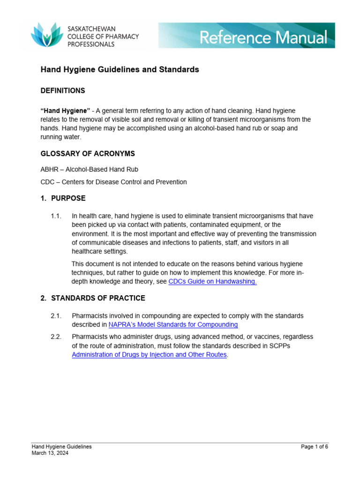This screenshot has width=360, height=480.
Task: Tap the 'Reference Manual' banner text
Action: [x=263, y=37]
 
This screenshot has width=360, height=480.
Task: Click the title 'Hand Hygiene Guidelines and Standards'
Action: [x=120, y=69]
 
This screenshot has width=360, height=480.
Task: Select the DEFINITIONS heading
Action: [x=63, y=90]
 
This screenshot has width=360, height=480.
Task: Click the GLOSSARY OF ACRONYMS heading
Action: [x=88, y=154]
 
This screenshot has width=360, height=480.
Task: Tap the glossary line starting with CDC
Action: [x=113, y=182]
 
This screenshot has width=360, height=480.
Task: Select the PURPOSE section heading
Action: [x=68, y=198]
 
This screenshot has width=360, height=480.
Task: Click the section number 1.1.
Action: [x=56, y=216]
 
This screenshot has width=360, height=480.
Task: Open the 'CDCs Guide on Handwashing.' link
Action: [x=212, y=281]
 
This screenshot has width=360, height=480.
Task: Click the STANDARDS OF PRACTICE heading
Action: [x=98, y=298]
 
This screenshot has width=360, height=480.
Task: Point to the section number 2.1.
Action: [x=56, y=316]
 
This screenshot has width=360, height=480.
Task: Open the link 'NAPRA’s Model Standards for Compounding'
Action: [x=173, y=324]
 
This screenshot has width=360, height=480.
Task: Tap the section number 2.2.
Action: [x=56, y=337]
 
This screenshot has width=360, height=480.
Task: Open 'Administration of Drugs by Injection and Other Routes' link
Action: [x=149, y=355]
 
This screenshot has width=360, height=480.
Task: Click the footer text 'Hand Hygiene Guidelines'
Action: [x=61, y=447]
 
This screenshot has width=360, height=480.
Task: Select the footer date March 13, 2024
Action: [x=50, y=453]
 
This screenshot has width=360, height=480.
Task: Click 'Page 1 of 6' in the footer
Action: [x=314, y=447]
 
